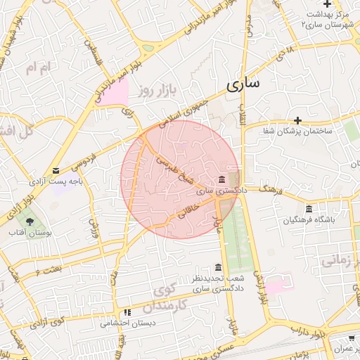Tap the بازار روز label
155,89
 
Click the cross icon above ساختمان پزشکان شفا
298,120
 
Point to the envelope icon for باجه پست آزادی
56,170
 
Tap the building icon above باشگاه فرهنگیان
309,209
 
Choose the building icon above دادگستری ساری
222,179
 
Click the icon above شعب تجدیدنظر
218,268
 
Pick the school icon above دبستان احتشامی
127,313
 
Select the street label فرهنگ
271,188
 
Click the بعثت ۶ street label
48,267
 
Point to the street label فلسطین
91,51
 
